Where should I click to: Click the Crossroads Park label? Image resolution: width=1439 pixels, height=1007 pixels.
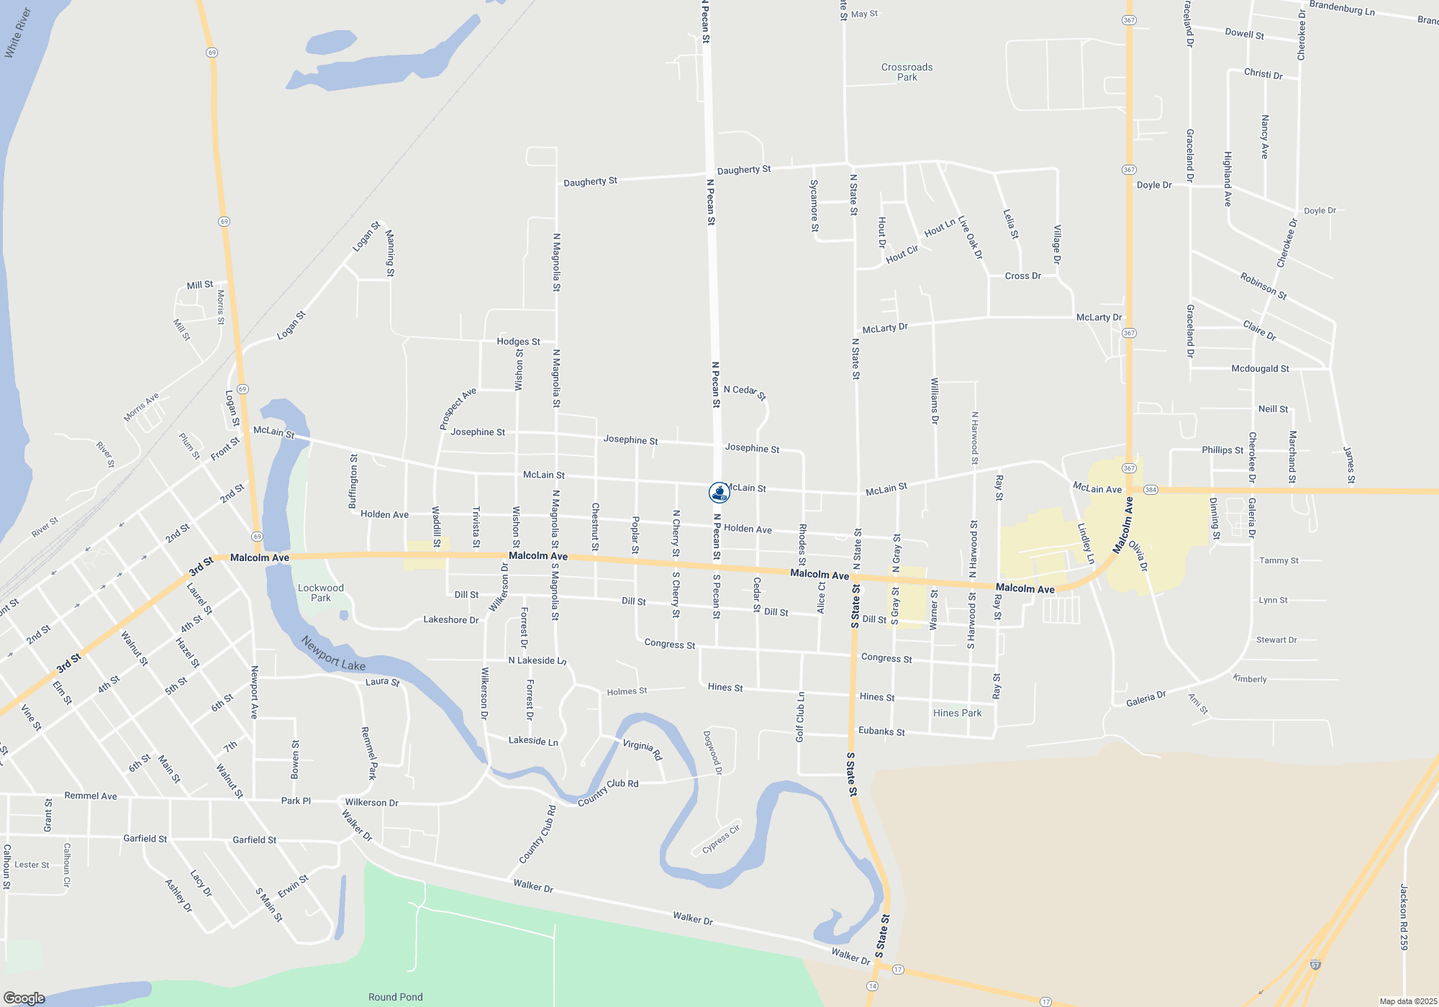(x=907, y=72)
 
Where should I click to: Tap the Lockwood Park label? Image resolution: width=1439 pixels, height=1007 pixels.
(x=321, y=593)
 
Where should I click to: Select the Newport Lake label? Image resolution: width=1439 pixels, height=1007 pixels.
(x=333, y=653)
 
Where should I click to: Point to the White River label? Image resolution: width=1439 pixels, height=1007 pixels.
(x=18, y=32)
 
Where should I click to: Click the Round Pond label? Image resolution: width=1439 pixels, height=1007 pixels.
(x=395, y=997)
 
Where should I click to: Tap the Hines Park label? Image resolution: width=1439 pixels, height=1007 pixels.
(x=957, y=713)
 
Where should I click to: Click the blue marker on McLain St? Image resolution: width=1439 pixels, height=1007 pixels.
(x=719, y=493)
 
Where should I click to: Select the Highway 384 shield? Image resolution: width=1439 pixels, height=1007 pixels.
(x=1150, y=490)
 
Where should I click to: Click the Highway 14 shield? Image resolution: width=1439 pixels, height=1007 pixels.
(x=873, y=985)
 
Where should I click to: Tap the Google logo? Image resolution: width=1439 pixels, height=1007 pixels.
(x=24, y=998)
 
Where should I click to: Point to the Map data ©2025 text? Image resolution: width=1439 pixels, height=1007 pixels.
(x=1408, y=1001)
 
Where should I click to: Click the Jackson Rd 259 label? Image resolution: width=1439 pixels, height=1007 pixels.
(x=1404, y=917)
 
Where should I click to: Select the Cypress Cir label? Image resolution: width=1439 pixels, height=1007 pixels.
(x=721, y=839)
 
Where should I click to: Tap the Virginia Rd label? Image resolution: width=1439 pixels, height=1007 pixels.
(x=642, y=749)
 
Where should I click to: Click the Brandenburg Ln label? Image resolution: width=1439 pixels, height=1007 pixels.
(x=1342, y=8)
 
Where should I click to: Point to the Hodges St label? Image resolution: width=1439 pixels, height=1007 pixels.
(x=518, y=342)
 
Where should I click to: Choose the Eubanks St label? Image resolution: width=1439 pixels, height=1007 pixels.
(x=881, y=732)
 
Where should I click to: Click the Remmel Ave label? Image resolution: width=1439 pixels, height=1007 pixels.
(x=91, y=796)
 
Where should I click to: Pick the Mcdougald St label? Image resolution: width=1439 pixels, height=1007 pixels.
(x=1260, y=369)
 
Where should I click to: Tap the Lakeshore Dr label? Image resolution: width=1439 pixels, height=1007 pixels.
(x=450, y=619)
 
